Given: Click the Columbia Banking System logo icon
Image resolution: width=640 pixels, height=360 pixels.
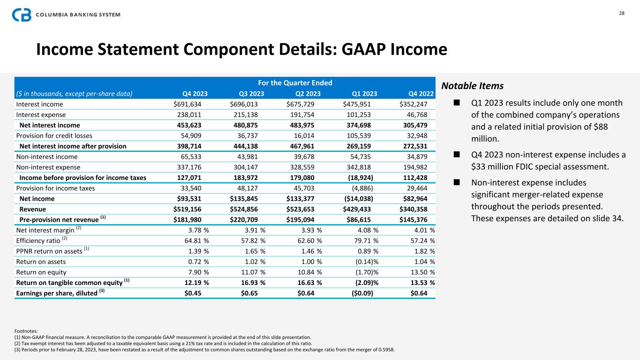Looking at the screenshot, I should (22, 15).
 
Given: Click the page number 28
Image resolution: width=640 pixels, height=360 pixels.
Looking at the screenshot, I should (622, 13).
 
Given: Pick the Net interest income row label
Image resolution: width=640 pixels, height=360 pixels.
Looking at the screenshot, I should (50, 125).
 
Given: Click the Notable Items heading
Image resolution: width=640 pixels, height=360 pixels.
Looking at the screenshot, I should (472, 86).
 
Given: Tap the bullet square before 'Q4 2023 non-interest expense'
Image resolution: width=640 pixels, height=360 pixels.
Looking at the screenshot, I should (455, 155).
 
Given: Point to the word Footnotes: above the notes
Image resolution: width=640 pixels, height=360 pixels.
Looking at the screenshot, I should (26, 331).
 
